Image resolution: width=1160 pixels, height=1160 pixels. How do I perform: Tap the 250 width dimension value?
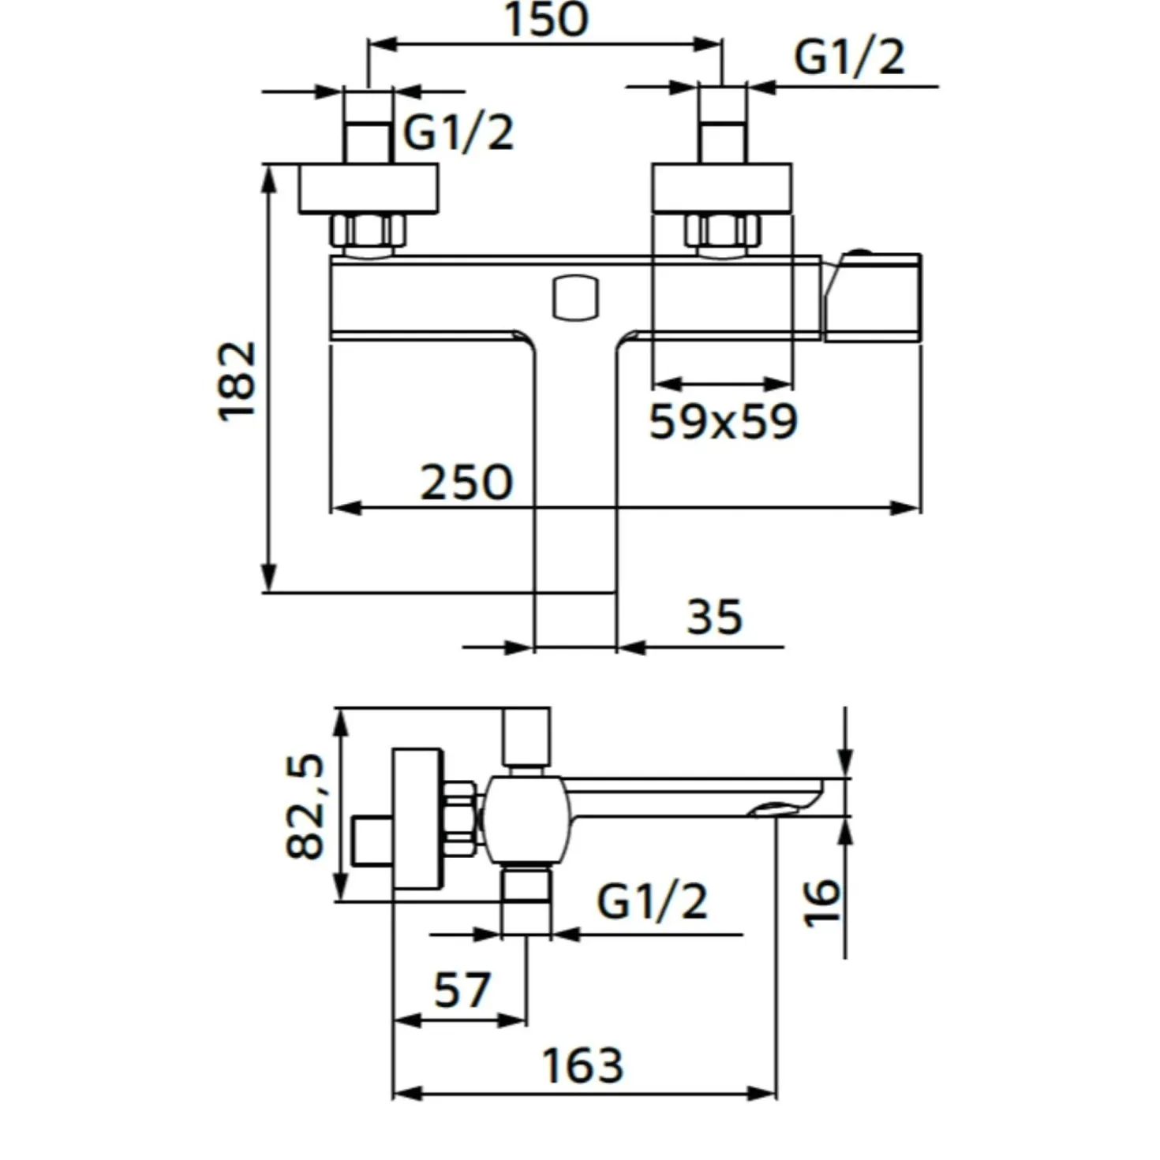pyautogui.click(x=466, y=482)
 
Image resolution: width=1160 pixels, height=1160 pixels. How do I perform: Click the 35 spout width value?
pyautogui.click(x=715, y=617)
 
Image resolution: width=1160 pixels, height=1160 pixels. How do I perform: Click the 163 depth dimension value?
pyautogui.click(x=582, y=1065)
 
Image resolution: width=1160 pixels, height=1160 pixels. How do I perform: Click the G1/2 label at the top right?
pyautogui.click(x=850, y=58)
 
